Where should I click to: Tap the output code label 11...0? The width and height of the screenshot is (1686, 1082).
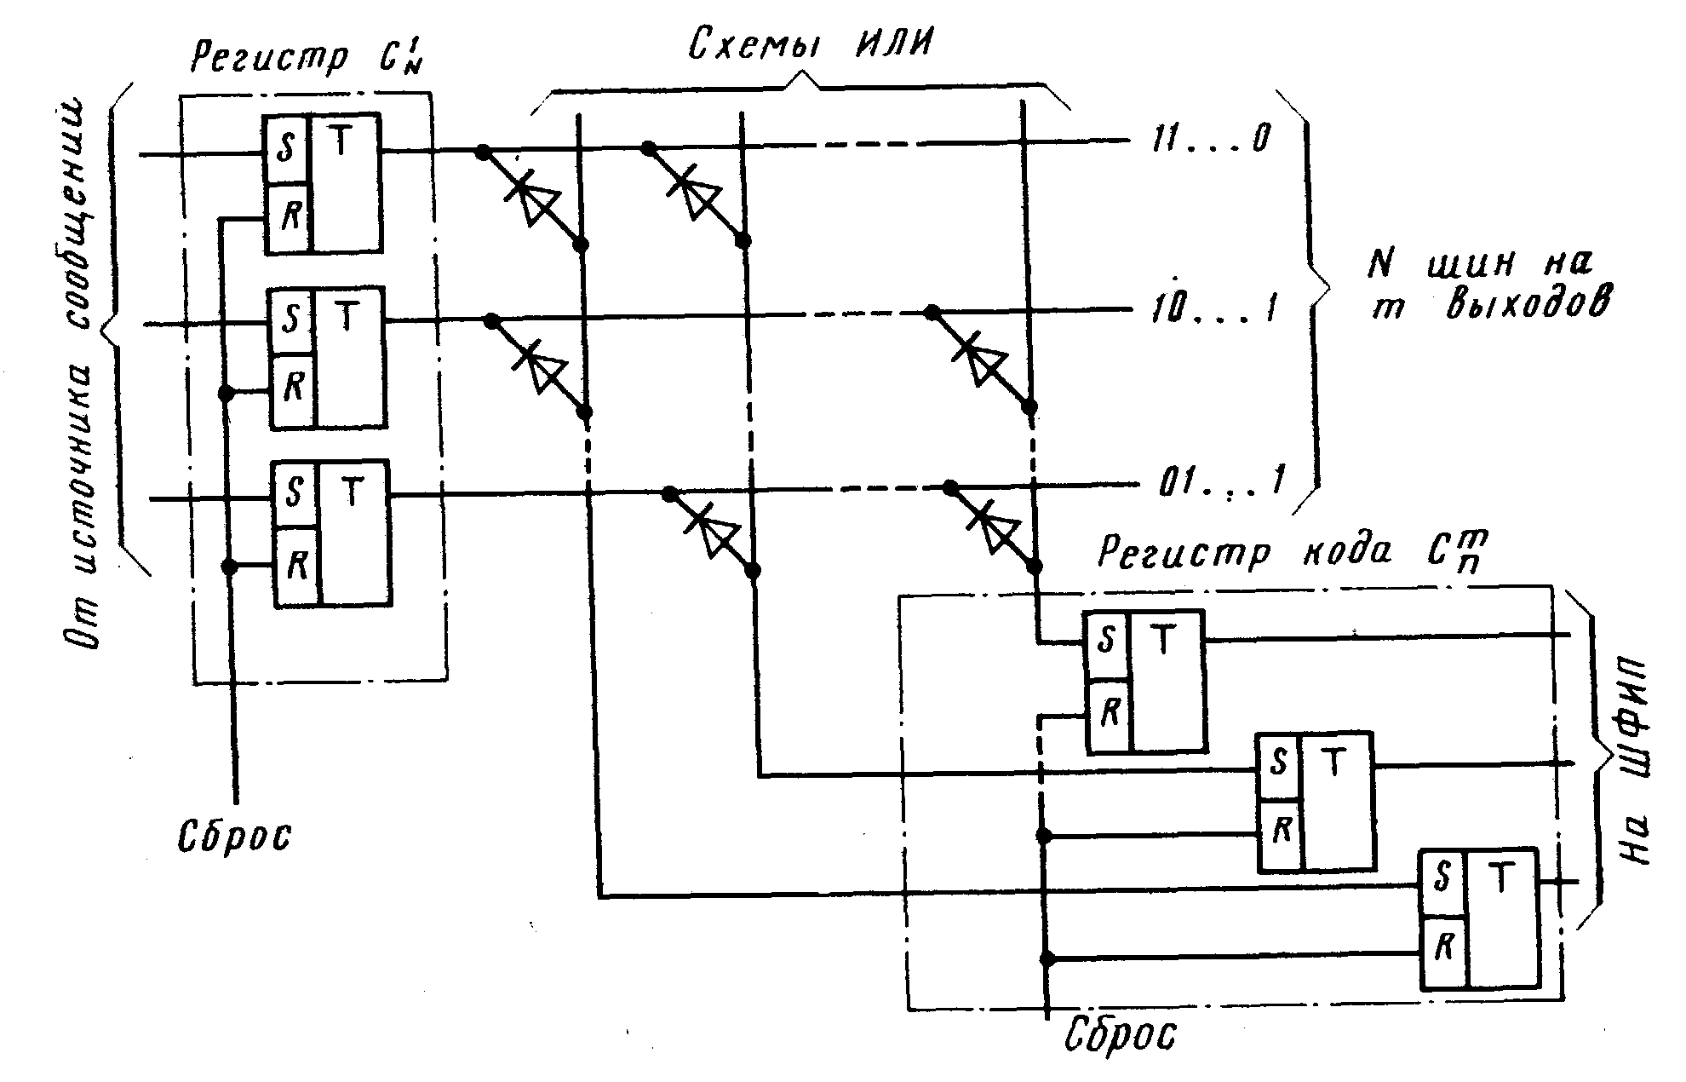1209,139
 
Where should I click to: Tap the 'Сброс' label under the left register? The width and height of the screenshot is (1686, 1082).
234,836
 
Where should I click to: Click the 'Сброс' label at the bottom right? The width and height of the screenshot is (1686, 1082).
1121,1036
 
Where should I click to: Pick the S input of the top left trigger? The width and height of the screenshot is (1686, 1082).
285,150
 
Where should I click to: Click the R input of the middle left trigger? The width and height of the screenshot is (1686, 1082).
293,388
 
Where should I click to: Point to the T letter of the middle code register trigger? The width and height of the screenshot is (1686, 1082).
1333,763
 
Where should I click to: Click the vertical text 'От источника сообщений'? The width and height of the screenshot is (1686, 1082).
81,375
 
